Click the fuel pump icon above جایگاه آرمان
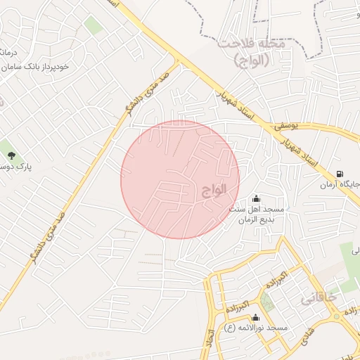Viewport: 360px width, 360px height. tap(340, 174)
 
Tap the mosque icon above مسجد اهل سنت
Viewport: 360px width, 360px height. tap(255, 199)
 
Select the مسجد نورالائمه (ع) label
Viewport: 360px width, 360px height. tap(256, 328)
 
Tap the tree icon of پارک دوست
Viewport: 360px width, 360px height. tap(10, 155)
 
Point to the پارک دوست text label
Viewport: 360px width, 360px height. tap(15, 167)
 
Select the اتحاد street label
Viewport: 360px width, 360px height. tap(210, 341)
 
